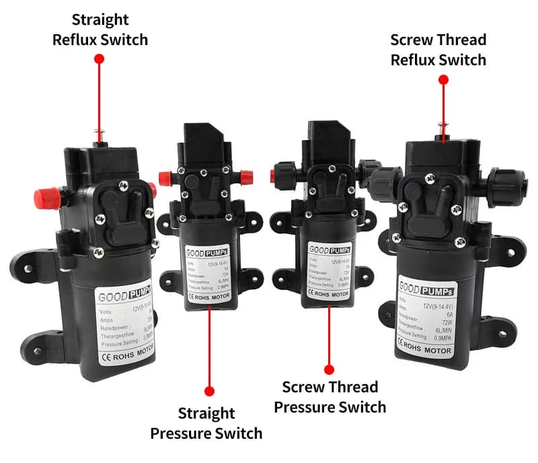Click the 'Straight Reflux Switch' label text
[100, 30]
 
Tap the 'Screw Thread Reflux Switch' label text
[438, 50]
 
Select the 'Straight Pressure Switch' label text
[206, 423]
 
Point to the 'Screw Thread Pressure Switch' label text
[330, 397]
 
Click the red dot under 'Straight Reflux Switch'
[100, 59]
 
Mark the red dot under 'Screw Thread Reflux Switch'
[443, 79]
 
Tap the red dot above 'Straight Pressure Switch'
[209, 390]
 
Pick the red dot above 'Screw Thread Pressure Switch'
[329, 369]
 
